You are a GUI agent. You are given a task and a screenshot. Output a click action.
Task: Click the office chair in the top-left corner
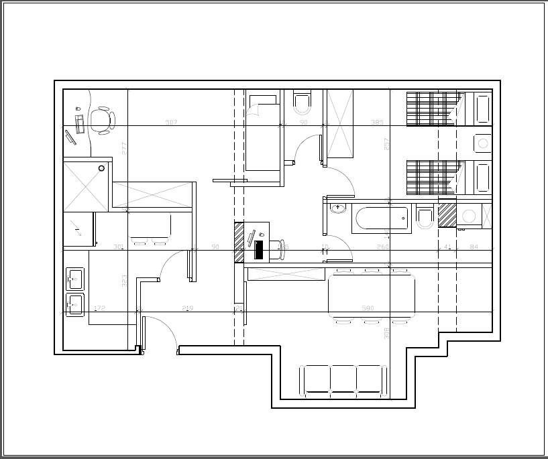tap(102, 121)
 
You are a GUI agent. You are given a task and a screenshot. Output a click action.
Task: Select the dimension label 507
tap(171, 123)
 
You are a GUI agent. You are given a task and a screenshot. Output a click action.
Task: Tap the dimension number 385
tap(377, 123)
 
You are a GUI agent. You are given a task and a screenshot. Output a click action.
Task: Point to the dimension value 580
tap(368, 309)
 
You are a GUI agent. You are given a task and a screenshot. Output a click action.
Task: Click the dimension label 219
tap(188, 309)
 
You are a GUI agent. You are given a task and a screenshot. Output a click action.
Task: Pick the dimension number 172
tap(99, 309)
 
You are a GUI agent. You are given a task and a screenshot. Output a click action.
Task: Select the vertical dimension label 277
tap(124, 148)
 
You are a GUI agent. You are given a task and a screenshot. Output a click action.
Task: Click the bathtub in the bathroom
tap(381, 218)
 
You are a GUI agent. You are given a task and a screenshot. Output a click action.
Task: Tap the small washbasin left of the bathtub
tap(337, 208)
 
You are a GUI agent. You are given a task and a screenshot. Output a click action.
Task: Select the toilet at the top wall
tap(303, 103)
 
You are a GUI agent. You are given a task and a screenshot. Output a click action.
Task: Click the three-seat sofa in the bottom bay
tap(343, 379)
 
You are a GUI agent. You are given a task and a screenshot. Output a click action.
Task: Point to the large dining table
tap(371, 296)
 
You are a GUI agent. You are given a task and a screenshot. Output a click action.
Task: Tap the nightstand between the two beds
tap(482, 143)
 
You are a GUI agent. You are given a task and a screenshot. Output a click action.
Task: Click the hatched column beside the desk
tap(239, 242)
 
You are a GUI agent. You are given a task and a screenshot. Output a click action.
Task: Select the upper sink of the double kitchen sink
tap(74, 277)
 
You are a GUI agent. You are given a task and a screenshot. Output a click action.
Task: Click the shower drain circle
tap(102, 168)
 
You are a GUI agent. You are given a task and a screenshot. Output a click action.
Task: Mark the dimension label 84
tap(474, 247)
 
